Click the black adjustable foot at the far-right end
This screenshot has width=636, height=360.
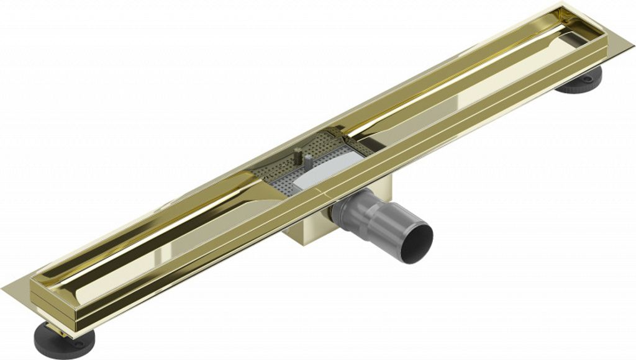pyautogui.click(x=581, y=83)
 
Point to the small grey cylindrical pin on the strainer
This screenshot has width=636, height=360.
pyautogui.click(x=309, y=163)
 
